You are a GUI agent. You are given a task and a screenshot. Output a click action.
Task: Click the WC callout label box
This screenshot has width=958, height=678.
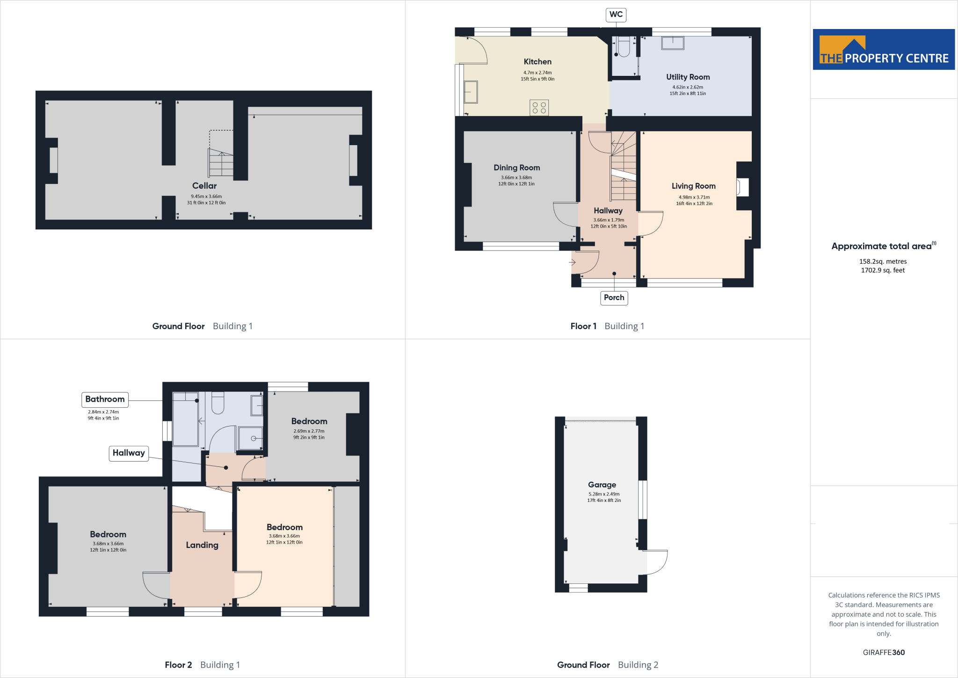click(616, 15)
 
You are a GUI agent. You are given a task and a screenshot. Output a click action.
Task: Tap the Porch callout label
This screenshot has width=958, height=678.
click(614, 297)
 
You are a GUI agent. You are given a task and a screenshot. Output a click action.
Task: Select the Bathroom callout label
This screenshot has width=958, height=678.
click(105, 399)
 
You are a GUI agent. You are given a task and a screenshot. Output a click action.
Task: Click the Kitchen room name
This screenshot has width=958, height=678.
click(537, 62)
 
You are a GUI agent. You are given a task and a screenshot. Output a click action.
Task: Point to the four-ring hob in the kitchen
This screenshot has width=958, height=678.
click(539, 108)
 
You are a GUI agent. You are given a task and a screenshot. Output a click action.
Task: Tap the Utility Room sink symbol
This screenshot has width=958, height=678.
click(673, 43)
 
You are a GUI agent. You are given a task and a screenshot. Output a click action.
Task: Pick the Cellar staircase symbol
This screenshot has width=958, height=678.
click(221, 162)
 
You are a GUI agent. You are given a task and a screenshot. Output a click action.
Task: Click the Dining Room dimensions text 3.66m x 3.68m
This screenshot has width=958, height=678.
click(516, 177)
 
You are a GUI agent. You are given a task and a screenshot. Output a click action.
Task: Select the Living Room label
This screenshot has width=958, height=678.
click(693, 186)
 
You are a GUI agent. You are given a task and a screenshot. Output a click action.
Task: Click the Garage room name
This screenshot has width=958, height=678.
click(602, 485)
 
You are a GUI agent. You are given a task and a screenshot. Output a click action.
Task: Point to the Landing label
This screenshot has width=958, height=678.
click(202, 545)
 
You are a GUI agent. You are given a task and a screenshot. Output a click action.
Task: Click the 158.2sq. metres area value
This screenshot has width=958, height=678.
click(883, 261)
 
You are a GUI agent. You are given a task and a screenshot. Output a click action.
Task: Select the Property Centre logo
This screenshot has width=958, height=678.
click(884, 50)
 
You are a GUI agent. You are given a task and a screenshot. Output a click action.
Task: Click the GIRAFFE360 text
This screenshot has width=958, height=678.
click(884, 652)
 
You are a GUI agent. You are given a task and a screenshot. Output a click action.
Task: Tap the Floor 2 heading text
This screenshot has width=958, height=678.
click(178, 665)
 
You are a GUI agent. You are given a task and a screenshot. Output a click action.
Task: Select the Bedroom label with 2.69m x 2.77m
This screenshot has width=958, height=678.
click(309, 421)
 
